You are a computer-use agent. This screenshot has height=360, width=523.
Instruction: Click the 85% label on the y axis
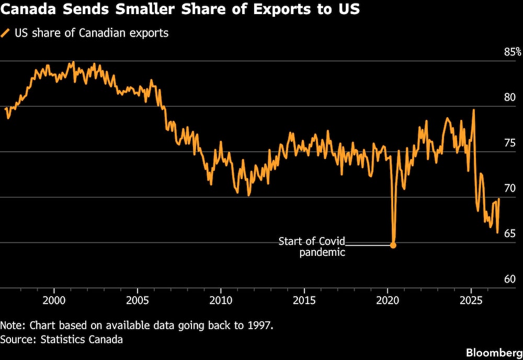click(x=513, y=52)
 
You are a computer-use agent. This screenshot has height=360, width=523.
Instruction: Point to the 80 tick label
click(x=510, y=97)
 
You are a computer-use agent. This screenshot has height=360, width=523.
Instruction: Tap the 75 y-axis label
click(x=510, y=143)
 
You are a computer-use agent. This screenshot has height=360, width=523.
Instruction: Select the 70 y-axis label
click(x=510, y=188)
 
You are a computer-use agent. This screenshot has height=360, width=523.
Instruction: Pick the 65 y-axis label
click(x=510, y=233)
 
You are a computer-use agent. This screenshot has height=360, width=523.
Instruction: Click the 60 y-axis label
click(x=510, y=279)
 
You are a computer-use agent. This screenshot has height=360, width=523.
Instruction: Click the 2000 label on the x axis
click(x=54, y=301)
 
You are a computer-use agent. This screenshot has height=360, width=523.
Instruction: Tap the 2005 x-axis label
click(x=138, y=301)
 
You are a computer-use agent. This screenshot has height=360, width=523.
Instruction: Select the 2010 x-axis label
click(x=221, y=301)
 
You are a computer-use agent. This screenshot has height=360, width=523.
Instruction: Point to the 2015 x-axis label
click(x=304, y=301)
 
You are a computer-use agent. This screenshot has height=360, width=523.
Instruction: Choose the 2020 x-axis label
click(x=388, y=301)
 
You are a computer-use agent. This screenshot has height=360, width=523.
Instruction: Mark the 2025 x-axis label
click(x=471, y=301)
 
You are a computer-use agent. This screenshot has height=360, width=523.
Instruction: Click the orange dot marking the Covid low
click(x=393, y=245)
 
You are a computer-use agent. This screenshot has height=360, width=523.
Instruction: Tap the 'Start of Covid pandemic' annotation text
click(x=312, y=246)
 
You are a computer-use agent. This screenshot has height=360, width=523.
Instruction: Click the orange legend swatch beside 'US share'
click(x=5, y=33)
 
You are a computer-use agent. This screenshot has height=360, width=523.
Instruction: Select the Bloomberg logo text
click(x=494, y=353)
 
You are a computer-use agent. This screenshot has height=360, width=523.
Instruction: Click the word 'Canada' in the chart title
click(x=29, y=9)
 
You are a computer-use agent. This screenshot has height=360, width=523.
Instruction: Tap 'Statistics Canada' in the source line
click(x=82, y=340)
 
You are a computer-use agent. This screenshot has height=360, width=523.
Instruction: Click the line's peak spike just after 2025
click(x=474, y=110)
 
